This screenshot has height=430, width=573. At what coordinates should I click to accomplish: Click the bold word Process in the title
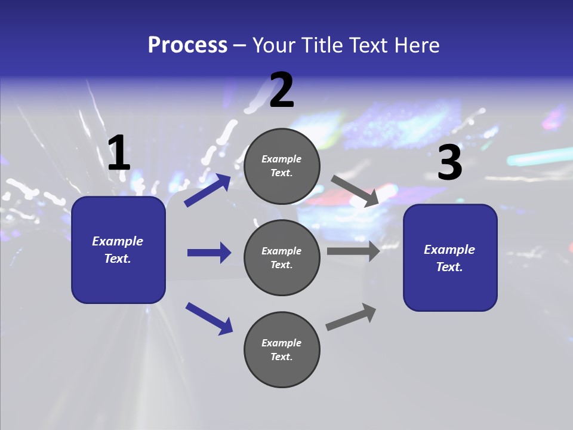(187, 45)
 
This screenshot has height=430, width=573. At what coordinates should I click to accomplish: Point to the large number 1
(119, 153)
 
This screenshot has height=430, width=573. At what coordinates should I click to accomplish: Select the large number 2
(282, 91)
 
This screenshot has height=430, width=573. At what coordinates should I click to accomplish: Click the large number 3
(449, 163)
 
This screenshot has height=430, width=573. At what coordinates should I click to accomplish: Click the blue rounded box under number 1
(118, 250)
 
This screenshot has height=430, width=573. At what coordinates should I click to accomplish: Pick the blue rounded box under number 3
(450, 258)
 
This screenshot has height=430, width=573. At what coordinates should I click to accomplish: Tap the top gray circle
(282, 166)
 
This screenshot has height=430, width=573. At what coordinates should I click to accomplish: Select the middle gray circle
(282, 258)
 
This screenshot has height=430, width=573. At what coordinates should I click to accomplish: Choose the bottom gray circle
(282, 350)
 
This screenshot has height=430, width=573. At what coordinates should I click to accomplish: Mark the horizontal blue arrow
(209, 253)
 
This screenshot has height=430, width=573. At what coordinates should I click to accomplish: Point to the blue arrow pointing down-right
(209, 318)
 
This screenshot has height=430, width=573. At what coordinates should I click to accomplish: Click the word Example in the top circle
(282, 159)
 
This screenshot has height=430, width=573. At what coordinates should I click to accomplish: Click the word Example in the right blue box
(449, 250)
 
